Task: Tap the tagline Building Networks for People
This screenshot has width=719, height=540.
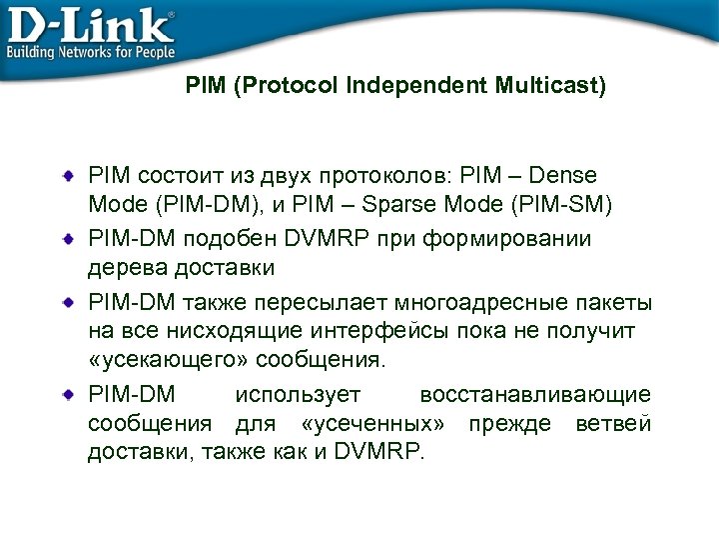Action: (x=91, y=51)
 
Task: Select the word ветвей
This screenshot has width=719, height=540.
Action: (x=614, y=423)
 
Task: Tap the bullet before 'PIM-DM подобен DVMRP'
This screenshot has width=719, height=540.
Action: (x=68, y=240)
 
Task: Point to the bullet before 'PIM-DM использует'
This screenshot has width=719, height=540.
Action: (x=68, y=395)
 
